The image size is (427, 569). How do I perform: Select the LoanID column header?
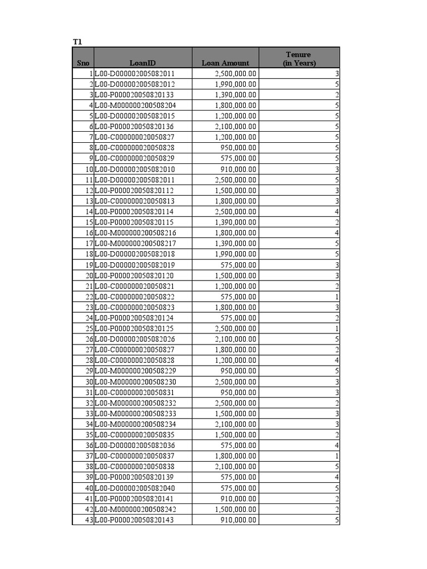tap(143, 63)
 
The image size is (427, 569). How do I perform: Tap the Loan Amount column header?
tap(225, 63)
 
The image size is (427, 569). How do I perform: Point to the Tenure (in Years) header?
tap(299, 58)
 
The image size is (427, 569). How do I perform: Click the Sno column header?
tap(83, 63)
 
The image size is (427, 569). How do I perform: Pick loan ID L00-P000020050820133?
tap(135, 94)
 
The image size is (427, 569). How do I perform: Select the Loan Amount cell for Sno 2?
tap(236, 84)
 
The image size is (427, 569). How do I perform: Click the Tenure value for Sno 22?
tap(337, 297)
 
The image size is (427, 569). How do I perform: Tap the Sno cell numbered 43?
tap(88, 520)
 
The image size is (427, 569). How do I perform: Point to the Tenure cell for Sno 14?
tap(337, 212)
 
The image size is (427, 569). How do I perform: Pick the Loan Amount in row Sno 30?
tap(236, 382)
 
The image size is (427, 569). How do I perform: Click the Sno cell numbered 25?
tap(88, 328)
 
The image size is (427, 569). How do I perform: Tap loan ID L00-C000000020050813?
tap(135, 201)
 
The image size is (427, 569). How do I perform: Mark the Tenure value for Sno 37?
tap(337, 456)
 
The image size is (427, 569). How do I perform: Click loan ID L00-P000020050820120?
tap(135, 276)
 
